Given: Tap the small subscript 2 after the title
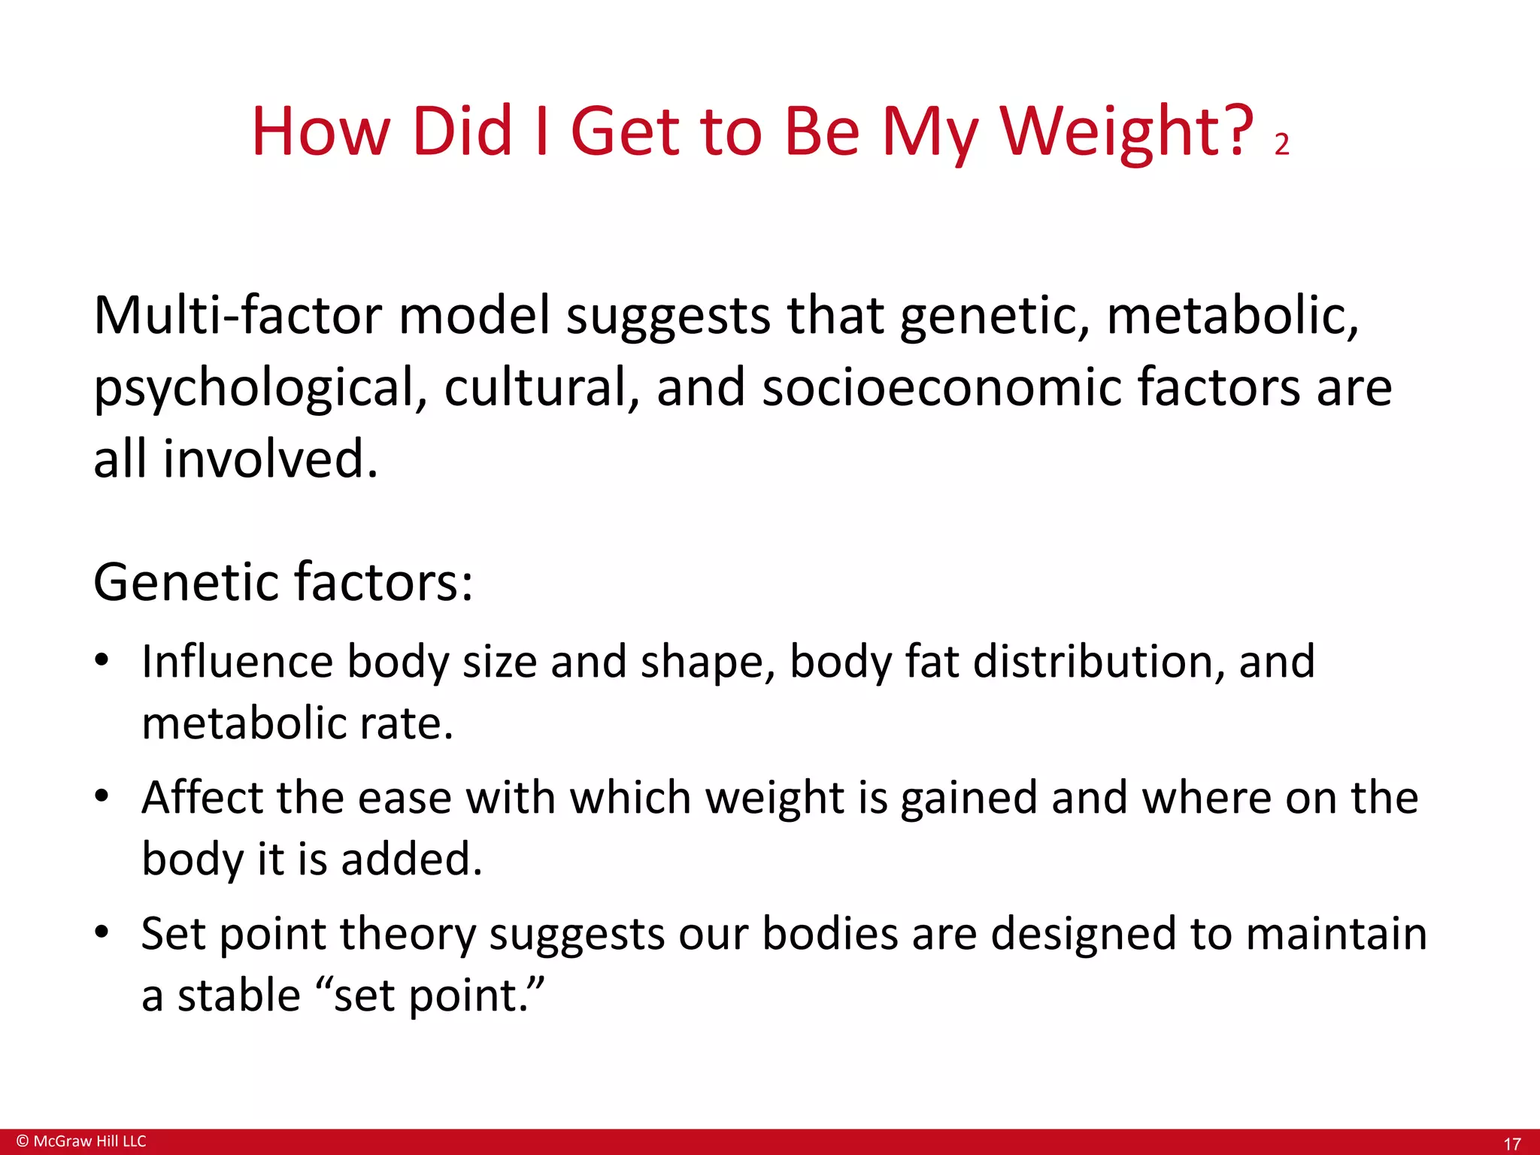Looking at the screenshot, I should pos(1282,144).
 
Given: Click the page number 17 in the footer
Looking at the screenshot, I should pos(1511,1144).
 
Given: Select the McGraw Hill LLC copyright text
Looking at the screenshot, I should pos(81,1141).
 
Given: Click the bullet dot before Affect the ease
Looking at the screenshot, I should pos(102,796).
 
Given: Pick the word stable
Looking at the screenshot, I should pos(239,996).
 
